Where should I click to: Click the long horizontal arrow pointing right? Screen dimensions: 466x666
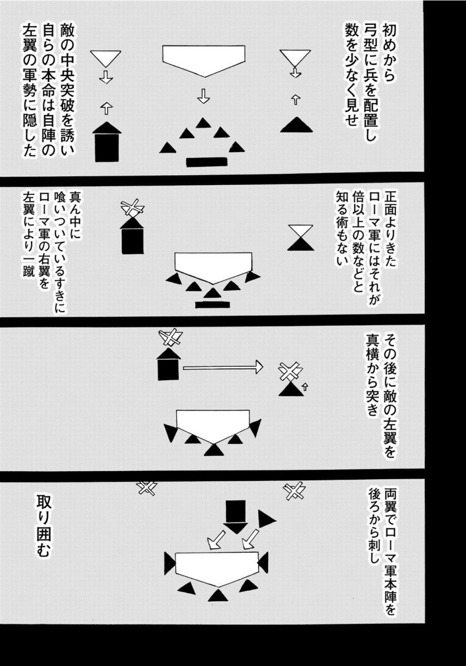[223, 366]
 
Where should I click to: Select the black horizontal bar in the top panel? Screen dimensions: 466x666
[207, 162]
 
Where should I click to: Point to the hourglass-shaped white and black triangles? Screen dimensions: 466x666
[301, 238]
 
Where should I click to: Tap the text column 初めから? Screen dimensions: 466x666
[389, 53]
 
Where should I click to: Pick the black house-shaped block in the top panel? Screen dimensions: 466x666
[107, 142]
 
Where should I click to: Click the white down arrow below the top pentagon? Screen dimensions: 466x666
[204, 96]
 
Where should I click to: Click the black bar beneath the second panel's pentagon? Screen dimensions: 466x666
[212, 304]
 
